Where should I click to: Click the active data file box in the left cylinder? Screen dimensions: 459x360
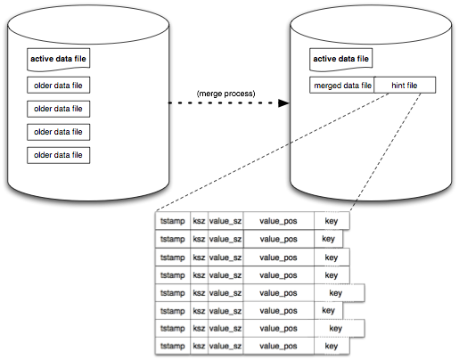[59, 60]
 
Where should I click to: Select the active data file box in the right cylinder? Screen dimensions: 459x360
[341, 60]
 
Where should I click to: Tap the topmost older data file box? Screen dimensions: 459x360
[59, 86]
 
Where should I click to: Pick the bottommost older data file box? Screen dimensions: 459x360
[59, 155]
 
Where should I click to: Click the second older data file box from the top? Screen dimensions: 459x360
[59, 109]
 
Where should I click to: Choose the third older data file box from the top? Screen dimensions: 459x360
[59, 132]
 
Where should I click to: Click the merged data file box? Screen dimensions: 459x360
[342, 86]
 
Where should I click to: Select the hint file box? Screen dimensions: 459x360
[405, 86]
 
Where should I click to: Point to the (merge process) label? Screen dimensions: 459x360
[225, 94]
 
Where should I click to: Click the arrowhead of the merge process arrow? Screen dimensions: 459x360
[283, 103]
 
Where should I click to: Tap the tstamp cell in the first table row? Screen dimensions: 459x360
[173, 221]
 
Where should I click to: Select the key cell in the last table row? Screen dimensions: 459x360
[332, 346]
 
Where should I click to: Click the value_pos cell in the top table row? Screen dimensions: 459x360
[278, 221]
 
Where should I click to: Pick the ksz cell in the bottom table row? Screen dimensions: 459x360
[199, 346]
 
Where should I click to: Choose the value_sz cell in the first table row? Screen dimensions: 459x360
[225, 221]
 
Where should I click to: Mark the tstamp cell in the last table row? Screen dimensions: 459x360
[173, 346]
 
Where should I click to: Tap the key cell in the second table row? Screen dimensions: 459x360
[328, 239]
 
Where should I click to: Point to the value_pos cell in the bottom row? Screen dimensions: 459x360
[278, 346]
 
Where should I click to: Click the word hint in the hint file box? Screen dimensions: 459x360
[398, 86]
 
